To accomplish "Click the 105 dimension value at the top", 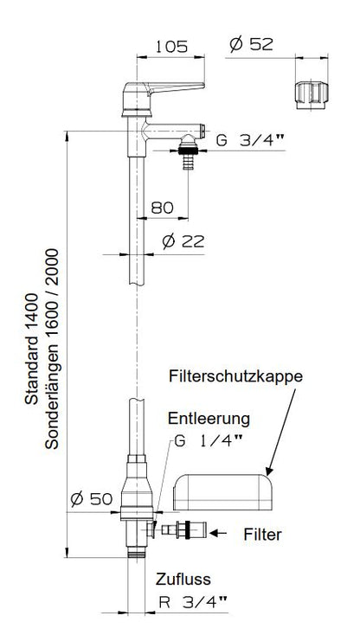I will (x=173, y=47).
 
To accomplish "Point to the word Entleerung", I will (x=209, y=418).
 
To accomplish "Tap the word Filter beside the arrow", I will (x=261, y=535).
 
